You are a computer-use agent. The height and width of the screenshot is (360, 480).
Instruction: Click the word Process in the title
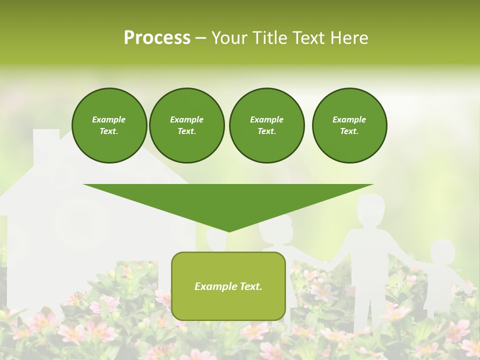pos(157,38)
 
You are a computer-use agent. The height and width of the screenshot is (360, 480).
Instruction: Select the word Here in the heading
pos(349,38)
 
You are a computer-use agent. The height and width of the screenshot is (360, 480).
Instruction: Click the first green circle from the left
pos(109,125)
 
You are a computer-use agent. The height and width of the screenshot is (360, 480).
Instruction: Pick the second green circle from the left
pos(186,125)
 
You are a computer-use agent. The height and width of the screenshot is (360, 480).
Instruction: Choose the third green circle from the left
pos(266,125)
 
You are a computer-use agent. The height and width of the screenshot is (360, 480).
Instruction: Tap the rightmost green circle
pos(349,125)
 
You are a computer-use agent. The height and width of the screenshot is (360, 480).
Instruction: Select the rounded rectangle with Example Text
pos(228,286)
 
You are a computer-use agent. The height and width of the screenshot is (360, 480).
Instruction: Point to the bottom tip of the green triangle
pos(228,230)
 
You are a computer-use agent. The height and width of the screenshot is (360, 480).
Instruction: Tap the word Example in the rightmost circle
pos(349,119)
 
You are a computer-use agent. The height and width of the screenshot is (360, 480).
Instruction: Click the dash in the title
pos(200,38)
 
